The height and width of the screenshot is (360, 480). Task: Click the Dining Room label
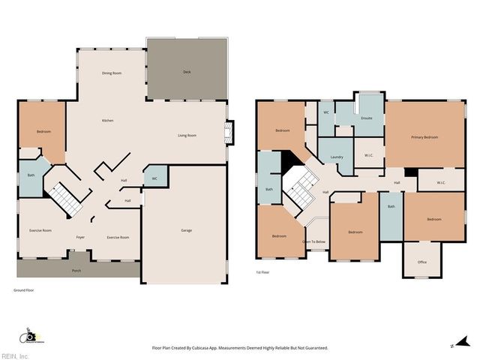(112, 73)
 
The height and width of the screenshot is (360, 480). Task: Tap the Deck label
(187, 72)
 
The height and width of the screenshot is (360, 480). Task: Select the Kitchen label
(107, 121)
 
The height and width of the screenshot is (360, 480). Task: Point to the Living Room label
(187, 135)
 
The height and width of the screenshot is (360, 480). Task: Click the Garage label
(186, 230)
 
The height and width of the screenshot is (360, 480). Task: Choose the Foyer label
(80, 237)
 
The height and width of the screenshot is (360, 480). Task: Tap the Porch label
(76, 270)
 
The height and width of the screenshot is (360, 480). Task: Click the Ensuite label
(367, 118)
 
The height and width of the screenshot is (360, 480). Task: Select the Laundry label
(336, 157)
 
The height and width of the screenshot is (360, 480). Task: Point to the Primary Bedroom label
(424, 137)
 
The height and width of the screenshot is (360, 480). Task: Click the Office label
(422, 262)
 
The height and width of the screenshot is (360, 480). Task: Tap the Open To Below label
(313, 241)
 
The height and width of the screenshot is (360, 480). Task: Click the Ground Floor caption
(25, 289)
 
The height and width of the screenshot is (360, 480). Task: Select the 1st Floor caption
(263, 273)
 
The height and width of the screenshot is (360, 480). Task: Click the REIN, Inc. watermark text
(14, 355)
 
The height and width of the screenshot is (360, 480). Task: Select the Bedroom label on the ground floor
(43, 131)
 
